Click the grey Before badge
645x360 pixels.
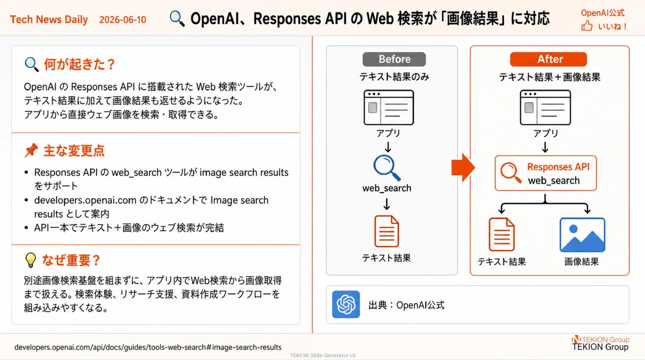[394, 59]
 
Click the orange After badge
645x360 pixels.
[548, 59]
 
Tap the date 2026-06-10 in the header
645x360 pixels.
[123, 20]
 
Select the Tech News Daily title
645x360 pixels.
[49, 20]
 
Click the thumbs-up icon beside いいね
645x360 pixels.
[586, 26]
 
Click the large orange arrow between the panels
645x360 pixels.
[463, 168]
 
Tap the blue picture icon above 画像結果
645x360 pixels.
[582, 235]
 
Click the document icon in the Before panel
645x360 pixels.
[387, 232]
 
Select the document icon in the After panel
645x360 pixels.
[502, 234]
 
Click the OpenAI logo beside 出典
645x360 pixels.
[346, 304]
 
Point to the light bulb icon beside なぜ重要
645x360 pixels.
[30, 260]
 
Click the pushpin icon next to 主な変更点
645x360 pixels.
[31, 150]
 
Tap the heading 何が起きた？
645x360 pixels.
[79, 64]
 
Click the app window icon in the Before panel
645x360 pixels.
[389, 107]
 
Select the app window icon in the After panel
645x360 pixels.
[545, 107]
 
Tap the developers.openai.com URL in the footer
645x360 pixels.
[148, 347]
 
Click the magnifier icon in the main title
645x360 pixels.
[177, 18]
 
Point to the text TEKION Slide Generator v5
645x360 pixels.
[323, 355]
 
